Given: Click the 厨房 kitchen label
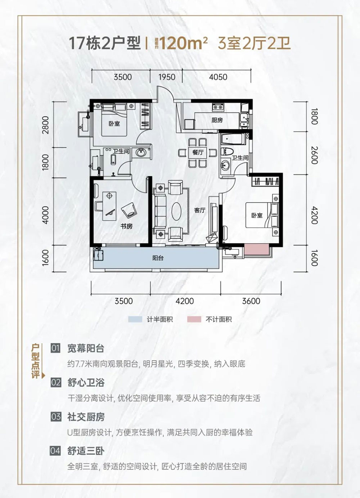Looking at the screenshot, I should click(217, 120).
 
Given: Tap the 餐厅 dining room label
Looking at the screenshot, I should click(198, 152).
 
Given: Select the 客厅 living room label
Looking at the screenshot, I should click(199, 210).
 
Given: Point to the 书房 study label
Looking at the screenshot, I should click(126, 226).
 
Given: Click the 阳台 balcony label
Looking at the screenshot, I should click(158, 258).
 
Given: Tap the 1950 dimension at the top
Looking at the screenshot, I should click(167, 77).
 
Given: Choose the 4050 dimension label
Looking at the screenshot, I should click(218, 77).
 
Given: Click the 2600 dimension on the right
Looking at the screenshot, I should click(314, 155).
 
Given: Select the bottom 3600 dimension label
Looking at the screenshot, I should click(251, 301).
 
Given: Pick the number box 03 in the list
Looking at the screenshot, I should click(56, 417).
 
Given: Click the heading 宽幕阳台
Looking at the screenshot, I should click(86, 348).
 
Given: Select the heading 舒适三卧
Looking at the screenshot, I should click(86, 451).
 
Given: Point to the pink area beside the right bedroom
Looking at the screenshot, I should click(256, 249).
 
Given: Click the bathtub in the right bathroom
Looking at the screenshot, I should click(234, 138).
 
